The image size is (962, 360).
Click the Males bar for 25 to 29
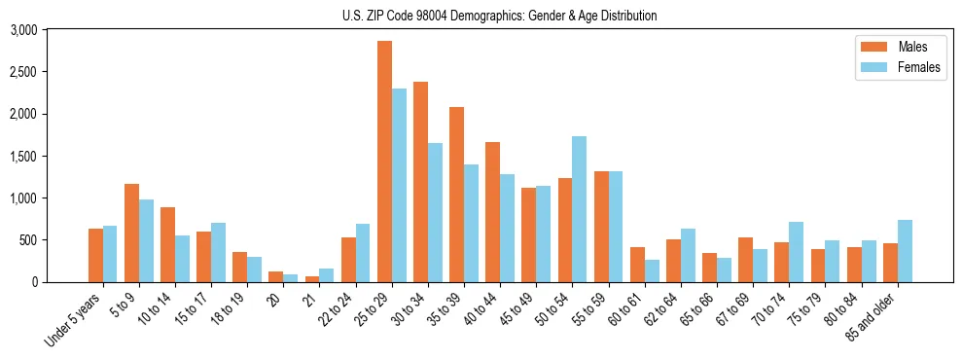(384, 162)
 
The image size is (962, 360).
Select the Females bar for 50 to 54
(580, 209)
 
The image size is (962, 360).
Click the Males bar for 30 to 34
(420, 182)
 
